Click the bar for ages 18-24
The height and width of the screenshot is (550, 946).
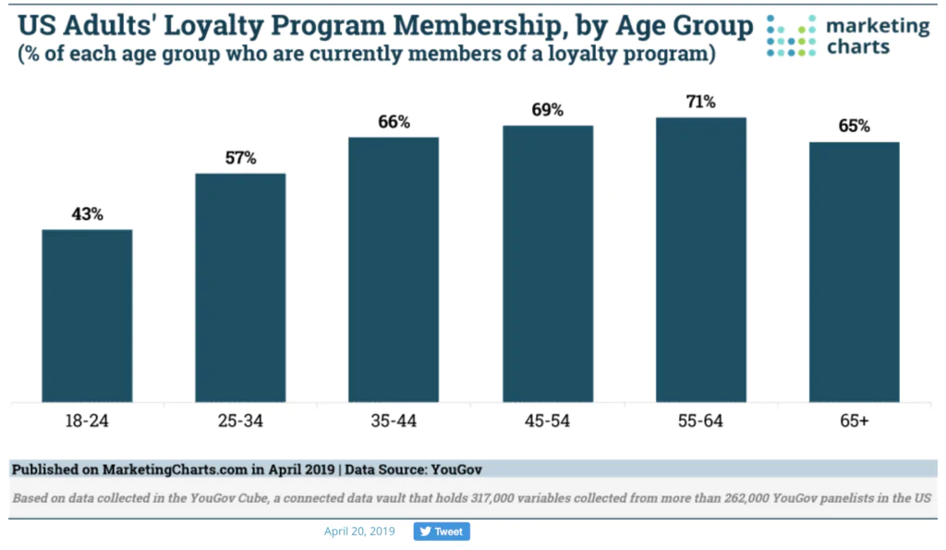click(87, 315)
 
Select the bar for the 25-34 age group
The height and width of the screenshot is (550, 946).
click(240, 287)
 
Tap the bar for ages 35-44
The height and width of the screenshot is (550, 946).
click(394, 269)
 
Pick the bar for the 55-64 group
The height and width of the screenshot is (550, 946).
click(701, 260)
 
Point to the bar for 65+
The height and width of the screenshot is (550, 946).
click(855, 272)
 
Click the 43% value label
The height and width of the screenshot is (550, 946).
click(87, 214)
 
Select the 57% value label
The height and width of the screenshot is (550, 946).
click(240, 158)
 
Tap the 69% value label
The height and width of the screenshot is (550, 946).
click(547, 111)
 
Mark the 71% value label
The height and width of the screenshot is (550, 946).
click(701, 102)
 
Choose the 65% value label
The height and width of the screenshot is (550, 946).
click(855, 127)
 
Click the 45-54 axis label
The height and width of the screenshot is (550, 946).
click(547, 423)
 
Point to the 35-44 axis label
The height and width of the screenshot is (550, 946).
click(394, 423)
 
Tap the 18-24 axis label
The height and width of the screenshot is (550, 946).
click(87, 423)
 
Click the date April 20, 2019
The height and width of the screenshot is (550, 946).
click(359, 532)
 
